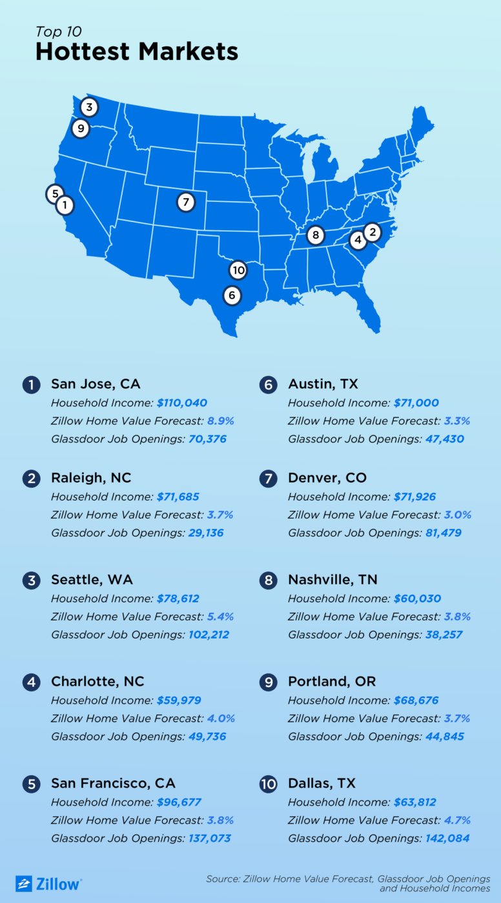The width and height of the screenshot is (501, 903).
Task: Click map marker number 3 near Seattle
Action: point(89,107)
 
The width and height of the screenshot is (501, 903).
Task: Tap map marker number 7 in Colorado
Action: point(185,202)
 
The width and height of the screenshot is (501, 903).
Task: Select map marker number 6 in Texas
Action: point(232,295)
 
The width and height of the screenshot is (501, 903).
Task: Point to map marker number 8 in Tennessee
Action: point(315,235)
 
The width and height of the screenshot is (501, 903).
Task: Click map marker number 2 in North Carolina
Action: point(372,232)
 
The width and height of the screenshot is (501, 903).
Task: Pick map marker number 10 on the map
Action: point(238,270)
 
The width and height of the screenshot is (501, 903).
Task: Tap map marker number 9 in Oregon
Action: point(81,128)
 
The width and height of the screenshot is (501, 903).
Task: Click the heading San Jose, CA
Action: point(96,384)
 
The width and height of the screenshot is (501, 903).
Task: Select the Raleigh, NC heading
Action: point(91,478)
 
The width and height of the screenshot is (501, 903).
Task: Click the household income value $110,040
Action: point(182,402)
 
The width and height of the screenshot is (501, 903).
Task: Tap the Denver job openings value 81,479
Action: point(440,533)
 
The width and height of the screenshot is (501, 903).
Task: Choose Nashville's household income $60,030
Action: point(417,599)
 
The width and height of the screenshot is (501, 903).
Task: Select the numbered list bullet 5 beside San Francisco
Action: point(31,784)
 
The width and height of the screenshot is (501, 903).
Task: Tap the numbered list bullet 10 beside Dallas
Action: point(268,784)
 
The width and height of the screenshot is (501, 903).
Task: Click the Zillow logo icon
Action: point(24,883)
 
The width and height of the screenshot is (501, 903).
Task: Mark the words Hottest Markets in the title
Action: point(137,52)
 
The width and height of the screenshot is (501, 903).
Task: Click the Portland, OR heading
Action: point(332,682)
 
